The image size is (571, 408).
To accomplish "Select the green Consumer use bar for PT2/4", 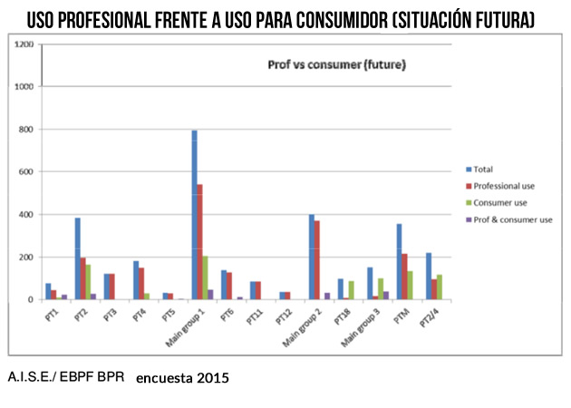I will [x=440, y=287].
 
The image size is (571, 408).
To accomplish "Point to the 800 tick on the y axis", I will [x=26, y=130].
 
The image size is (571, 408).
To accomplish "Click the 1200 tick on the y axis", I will [x=24, y=44].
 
